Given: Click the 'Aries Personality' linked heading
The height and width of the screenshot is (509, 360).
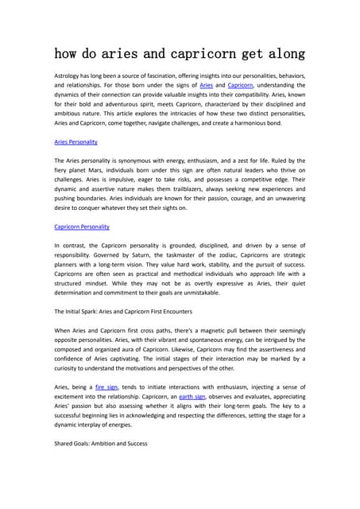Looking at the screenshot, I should point(75,142).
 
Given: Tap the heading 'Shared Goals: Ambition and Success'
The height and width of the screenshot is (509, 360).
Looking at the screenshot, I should point(95,442).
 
